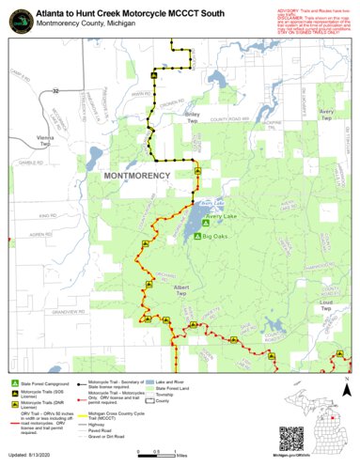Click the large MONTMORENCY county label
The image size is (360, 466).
point(136,176)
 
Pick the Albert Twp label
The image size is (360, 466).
point(183,289)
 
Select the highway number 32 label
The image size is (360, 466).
point(55,91)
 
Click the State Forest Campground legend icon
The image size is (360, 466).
point(14,384)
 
